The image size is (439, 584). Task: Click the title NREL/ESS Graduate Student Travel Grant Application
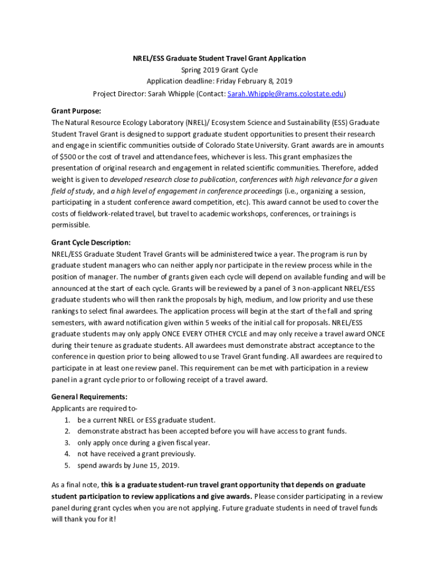[x=219, y=58]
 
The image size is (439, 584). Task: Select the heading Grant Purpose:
[x=76, y=111]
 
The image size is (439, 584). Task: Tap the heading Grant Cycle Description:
[x=91, y=242]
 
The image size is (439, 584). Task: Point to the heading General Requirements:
[x=89, y=396]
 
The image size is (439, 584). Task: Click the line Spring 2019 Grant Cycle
[x=219, y=70]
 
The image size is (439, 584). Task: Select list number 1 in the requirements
[x=67, y=420]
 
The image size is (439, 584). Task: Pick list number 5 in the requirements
[x=67, y=465]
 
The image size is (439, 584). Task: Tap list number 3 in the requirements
[x=67, y=443]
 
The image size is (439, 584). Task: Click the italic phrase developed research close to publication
[x=174, y=179]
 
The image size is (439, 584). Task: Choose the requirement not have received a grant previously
[x=136, y=454]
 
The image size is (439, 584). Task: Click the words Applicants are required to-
[x=94, y=408]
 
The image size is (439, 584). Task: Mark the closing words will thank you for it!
[x=83, y=519]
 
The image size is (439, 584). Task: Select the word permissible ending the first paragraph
[x=70, y=225]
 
